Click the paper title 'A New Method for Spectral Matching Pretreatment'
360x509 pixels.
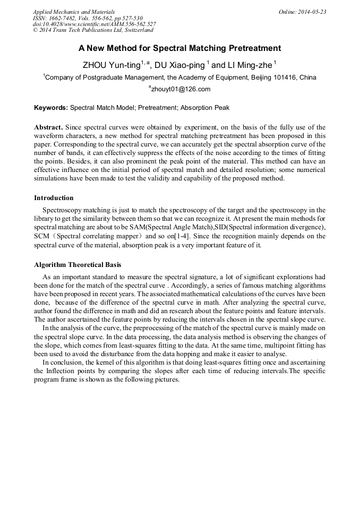(179, 48)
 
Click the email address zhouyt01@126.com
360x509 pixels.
(181, 89)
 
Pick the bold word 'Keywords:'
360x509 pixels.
(51, 108)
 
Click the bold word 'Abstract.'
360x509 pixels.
(49, 127)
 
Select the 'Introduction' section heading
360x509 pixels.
(54, 198)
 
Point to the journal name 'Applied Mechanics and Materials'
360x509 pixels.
(73, 12)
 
